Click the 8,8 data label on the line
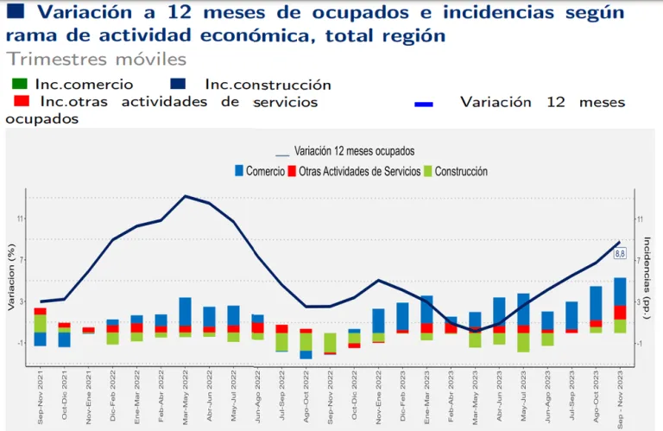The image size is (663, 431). (x=620, y=253)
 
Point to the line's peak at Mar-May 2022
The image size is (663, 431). (x=186, y=196)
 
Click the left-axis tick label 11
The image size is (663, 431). (x=20, y=220)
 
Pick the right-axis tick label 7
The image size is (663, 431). (x=641, y=260)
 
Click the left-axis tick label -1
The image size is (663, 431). (x=20, y=343)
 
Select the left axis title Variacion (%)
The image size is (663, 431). (x=9, y=279)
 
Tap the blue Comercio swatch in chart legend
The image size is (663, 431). (x=239, y=172)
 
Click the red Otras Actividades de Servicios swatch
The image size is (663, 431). (x=293, y=172)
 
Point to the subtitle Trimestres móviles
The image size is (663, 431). (x=96, y=60)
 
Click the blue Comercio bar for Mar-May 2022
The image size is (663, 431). (x=186, y=311)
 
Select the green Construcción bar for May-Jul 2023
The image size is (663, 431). (x=523, y=342)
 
